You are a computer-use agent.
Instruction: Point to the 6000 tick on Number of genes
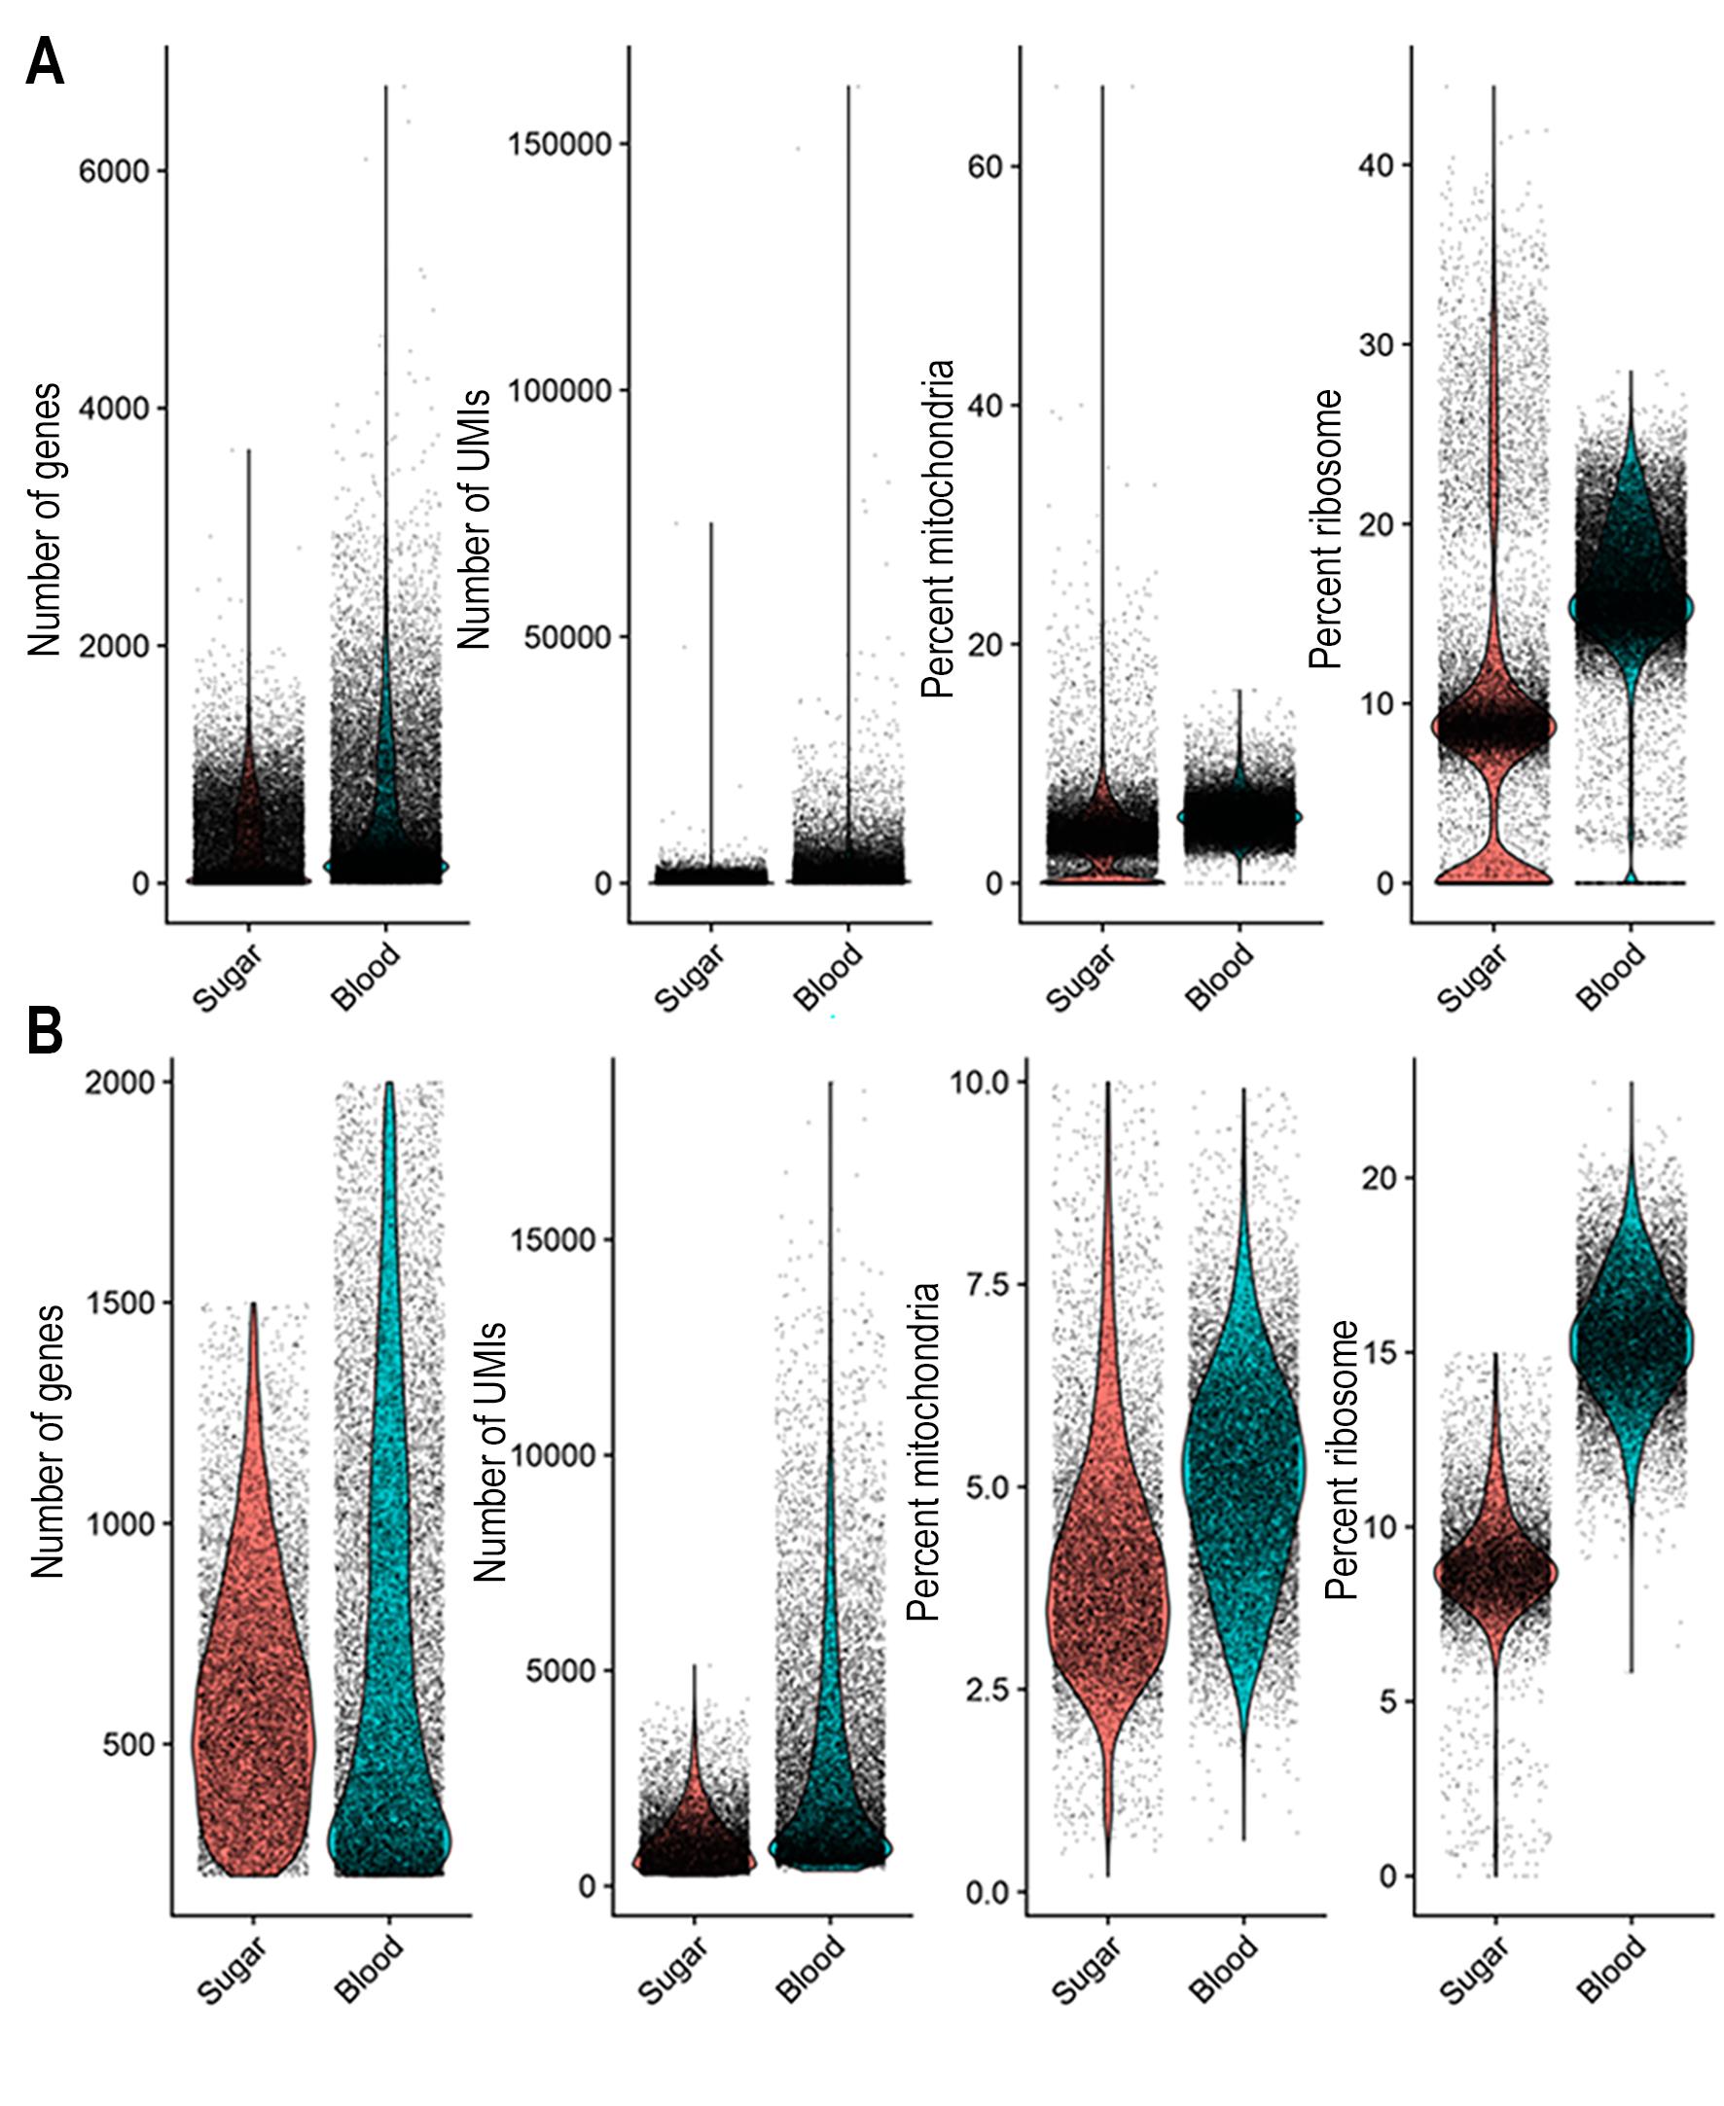pos(113,171)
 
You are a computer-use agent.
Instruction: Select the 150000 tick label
pos(560,144)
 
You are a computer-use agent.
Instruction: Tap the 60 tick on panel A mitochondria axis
pos(987,166)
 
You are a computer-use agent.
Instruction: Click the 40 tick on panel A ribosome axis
pos(1377,164)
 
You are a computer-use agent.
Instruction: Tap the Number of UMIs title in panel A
pos(476,518)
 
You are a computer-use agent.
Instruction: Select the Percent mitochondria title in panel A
pos(938,528)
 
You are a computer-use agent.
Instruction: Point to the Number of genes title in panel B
pos(48,1441)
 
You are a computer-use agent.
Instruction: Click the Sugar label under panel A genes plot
pos(228,978)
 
